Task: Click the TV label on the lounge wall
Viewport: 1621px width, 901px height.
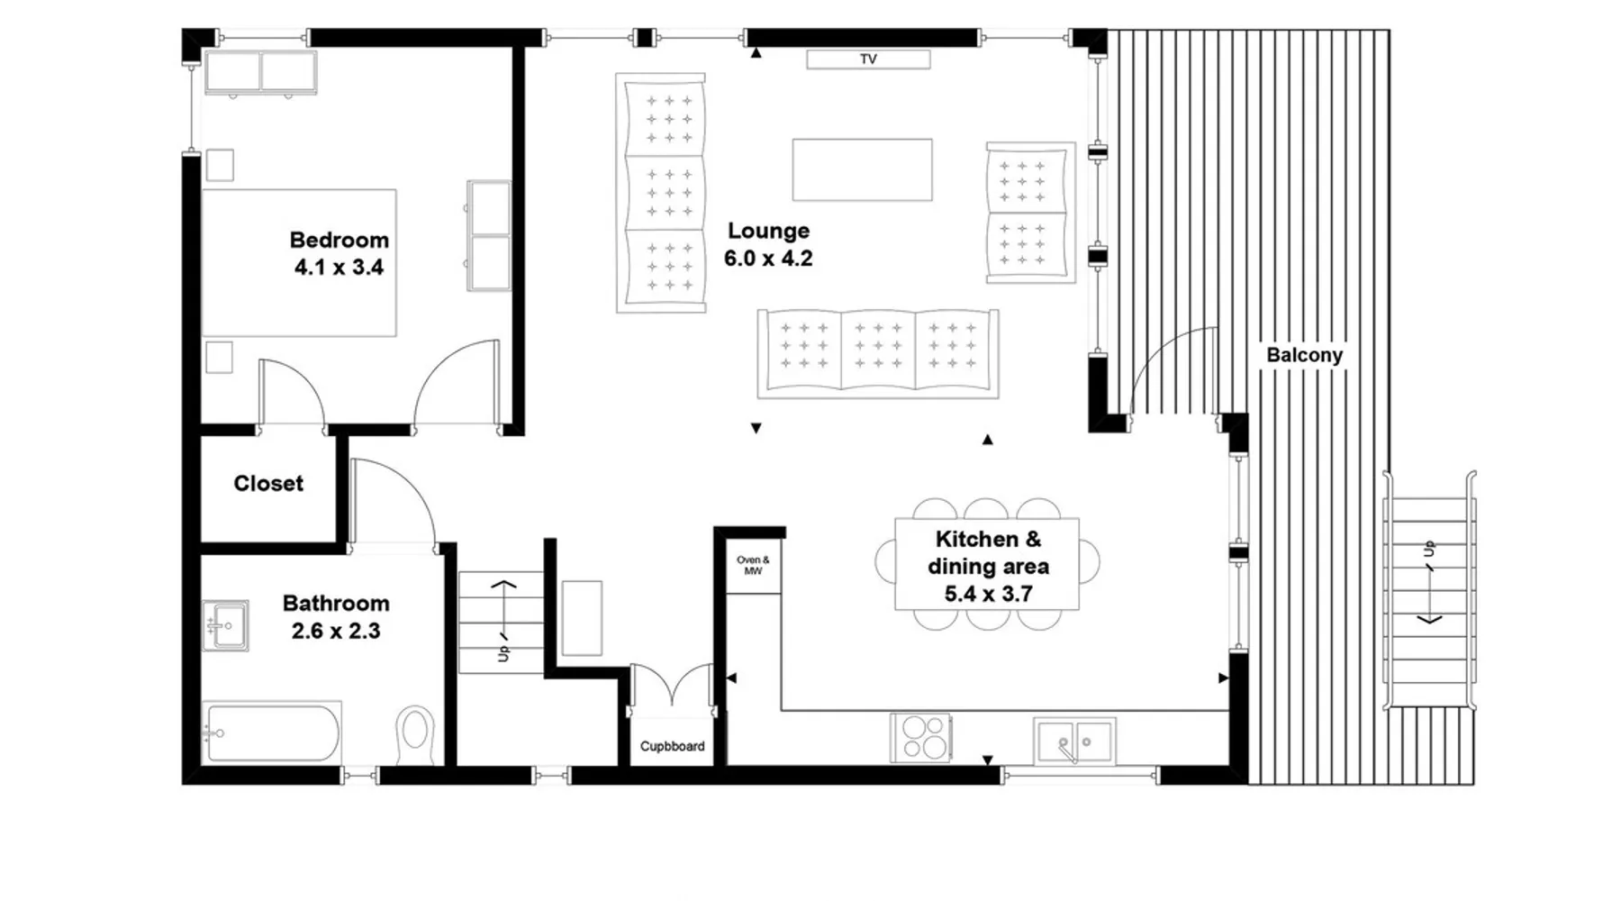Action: pyautogui.click(x=868, y=59)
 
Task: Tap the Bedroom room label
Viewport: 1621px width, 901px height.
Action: pyautogui.click(x=340, y=241)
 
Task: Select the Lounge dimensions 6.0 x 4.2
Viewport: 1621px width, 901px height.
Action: pyautogui.click(x=768, y=259)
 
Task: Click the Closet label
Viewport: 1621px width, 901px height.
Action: pyautogui.click(x=268, y=484)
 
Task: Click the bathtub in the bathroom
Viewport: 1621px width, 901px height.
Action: pyautogui.click(x=272, y=733)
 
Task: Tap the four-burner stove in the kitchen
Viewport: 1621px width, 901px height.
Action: pyautogui.click(x=920, y=737)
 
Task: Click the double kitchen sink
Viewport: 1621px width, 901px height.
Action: pyautogui.click(x=1074, y=741)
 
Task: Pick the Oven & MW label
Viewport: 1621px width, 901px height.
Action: pyautogui.click(x=753, y=566)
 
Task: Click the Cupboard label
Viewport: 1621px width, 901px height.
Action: pyautogui.click(x=672, y=746)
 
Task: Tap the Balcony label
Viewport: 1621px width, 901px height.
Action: pyautogui.click(x=1304, y=355)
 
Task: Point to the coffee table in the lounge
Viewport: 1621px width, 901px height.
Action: pyautogui.click(x=862, y=169)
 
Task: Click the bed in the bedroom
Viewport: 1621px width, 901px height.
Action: pyautogui.click(x=299, y=263)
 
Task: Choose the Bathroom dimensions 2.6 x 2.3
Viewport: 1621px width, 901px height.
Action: pyautogui.click(x=336, y=632)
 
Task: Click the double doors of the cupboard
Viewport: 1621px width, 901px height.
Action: pyautogui.click(x=672, y=689)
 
